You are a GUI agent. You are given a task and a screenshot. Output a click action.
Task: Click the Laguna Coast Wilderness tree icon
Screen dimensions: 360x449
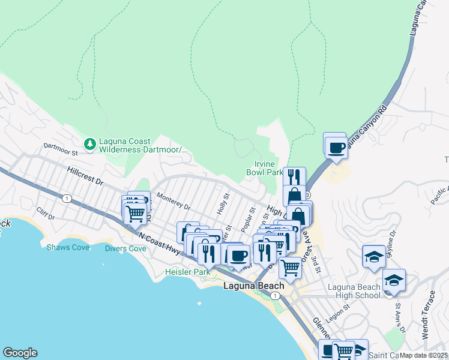(x=90, y=143)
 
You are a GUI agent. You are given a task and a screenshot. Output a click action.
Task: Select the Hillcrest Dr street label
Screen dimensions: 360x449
(x=85, y=175)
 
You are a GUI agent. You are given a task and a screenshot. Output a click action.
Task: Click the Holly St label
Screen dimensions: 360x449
(x=223, y=203)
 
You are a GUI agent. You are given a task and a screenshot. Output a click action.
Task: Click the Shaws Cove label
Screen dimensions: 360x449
(x=68, y=247)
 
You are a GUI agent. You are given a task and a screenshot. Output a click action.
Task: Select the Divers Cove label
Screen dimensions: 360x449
(x=125, y=248)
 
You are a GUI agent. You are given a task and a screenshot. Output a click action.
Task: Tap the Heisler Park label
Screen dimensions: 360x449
(x=188, y=272)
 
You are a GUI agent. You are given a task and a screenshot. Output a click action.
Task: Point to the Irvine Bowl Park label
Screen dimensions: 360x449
(x=265, y=168)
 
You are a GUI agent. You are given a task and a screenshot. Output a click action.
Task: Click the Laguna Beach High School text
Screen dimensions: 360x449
(x=354, y=291)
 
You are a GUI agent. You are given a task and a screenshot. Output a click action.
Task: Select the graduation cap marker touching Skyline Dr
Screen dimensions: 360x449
(x=374, y=257)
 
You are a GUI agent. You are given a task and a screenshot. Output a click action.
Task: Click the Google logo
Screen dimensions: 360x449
(x=20, y=353)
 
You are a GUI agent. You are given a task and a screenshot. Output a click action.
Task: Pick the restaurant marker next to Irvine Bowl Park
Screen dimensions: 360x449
(x=294, y=178)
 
